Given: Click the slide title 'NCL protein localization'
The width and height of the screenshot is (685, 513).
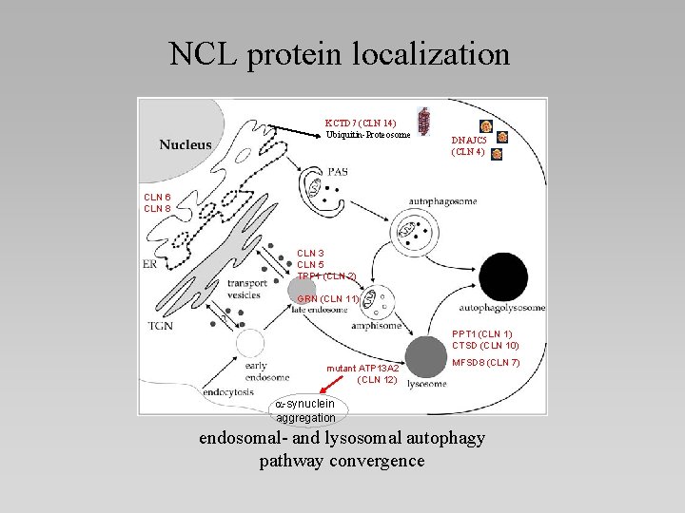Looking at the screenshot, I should [x=340, y=53].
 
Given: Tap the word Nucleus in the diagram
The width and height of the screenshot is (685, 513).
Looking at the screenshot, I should [x=186, y=144].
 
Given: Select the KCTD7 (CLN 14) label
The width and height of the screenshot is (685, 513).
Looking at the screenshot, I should [x=361, y=123].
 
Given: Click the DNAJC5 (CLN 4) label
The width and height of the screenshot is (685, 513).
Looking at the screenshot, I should [x=467, y=145].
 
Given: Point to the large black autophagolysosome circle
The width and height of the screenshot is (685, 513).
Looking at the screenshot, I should [x=503, y=276].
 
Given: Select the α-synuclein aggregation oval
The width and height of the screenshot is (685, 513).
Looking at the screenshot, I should [x=305, y=410].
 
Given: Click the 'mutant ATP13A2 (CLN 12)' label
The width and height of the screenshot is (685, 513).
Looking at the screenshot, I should [x=362, y=373].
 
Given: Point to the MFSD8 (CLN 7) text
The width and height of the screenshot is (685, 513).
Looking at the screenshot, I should [x=485, y=363].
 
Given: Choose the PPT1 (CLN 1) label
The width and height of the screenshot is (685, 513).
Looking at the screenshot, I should [x=482, y=333].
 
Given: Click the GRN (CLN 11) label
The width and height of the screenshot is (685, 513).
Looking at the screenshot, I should [x=327, y=299].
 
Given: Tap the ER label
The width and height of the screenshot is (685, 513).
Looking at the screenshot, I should [x=150, y=264].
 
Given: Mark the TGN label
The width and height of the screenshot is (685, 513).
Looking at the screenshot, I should [x=160, y=326].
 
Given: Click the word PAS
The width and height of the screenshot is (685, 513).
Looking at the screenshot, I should [x=337, y=172].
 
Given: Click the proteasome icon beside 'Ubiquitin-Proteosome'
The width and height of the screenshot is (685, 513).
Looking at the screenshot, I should [x=424, y=124].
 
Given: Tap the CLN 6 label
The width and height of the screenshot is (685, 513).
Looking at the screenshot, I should [x=157, y=197].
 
